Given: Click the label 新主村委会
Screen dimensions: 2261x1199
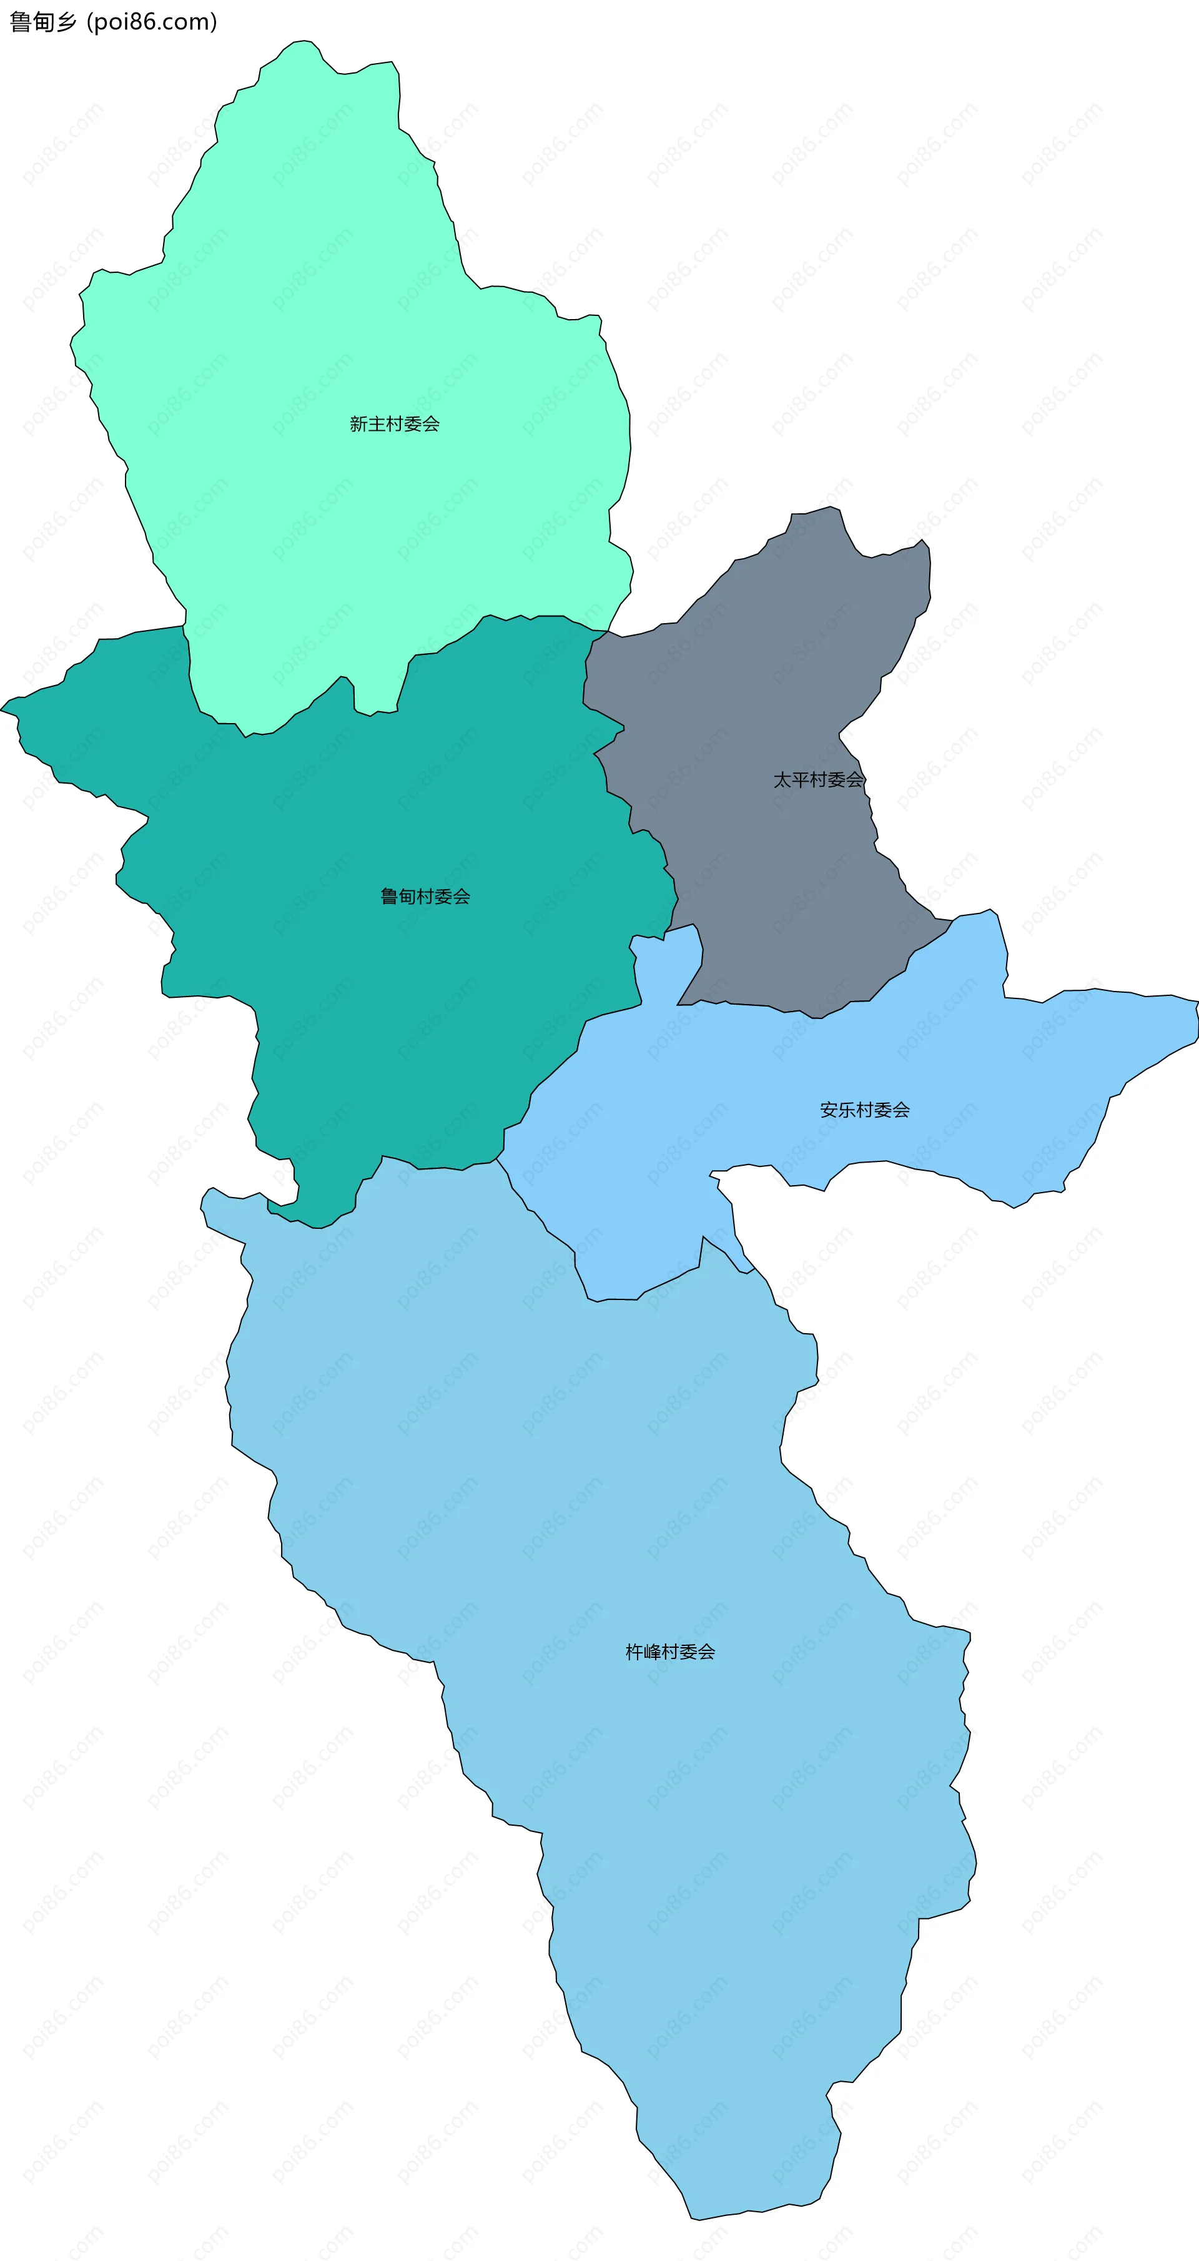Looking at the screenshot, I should tap(394, 424).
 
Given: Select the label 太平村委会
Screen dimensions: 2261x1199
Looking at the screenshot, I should tap(818, 779).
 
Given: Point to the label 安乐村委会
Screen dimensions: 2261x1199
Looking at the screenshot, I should tap(864, 1110).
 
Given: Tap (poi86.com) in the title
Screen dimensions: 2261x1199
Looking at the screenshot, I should tap(152, 22).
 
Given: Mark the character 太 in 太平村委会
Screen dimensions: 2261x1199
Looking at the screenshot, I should tap(782, 779).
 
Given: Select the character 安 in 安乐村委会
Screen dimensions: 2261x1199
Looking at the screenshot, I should tap(829, 1110).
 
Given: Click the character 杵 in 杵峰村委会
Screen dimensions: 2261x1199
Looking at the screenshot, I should tap(634, 1652).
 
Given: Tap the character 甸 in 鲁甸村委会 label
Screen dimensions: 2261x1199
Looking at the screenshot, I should tap(407, 896).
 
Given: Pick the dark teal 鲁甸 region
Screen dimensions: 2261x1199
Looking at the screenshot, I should tap(395, 1010).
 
